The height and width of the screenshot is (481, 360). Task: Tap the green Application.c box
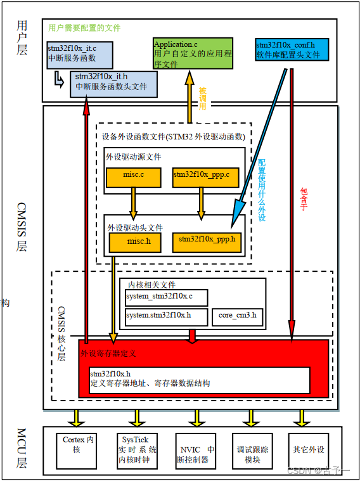point(193,55)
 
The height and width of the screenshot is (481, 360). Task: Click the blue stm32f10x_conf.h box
point(292,50)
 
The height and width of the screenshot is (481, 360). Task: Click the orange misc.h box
point(135,242)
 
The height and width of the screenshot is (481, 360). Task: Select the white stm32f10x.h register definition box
point(200,379)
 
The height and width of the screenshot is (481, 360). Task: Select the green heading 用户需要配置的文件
point(84,28)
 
